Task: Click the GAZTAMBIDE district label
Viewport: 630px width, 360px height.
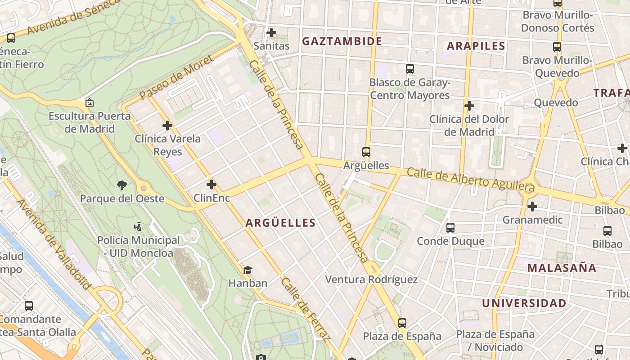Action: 342,41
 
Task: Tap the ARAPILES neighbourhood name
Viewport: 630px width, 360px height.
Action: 476,46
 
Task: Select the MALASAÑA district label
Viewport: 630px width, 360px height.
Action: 562,268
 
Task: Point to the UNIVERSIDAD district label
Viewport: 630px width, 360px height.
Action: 524,303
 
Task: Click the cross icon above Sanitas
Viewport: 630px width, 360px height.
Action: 271,32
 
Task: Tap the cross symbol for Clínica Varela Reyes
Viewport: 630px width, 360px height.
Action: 167,126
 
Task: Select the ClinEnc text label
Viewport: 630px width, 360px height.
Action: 211,198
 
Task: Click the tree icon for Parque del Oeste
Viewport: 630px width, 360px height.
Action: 121,184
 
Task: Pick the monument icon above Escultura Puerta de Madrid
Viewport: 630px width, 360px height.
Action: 90,103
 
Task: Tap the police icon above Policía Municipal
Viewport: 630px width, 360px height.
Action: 138,226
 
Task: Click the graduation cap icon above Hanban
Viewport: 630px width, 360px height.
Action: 247,270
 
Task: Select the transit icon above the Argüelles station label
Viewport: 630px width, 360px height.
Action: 366,152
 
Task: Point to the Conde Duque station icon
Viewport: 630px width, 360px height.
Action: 450,227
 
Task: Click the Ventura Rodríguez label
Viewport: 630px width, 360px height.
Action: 371,279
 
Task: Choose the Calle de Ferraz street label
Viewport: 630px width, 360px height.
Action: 306,310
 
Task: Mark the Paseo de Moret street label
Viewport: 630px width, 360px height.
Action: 170,81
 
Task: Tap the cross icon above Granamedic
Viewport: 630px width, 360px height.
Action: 532,207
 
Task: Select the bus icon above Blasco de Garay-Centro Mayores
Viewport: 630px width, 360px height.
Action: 409,69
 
